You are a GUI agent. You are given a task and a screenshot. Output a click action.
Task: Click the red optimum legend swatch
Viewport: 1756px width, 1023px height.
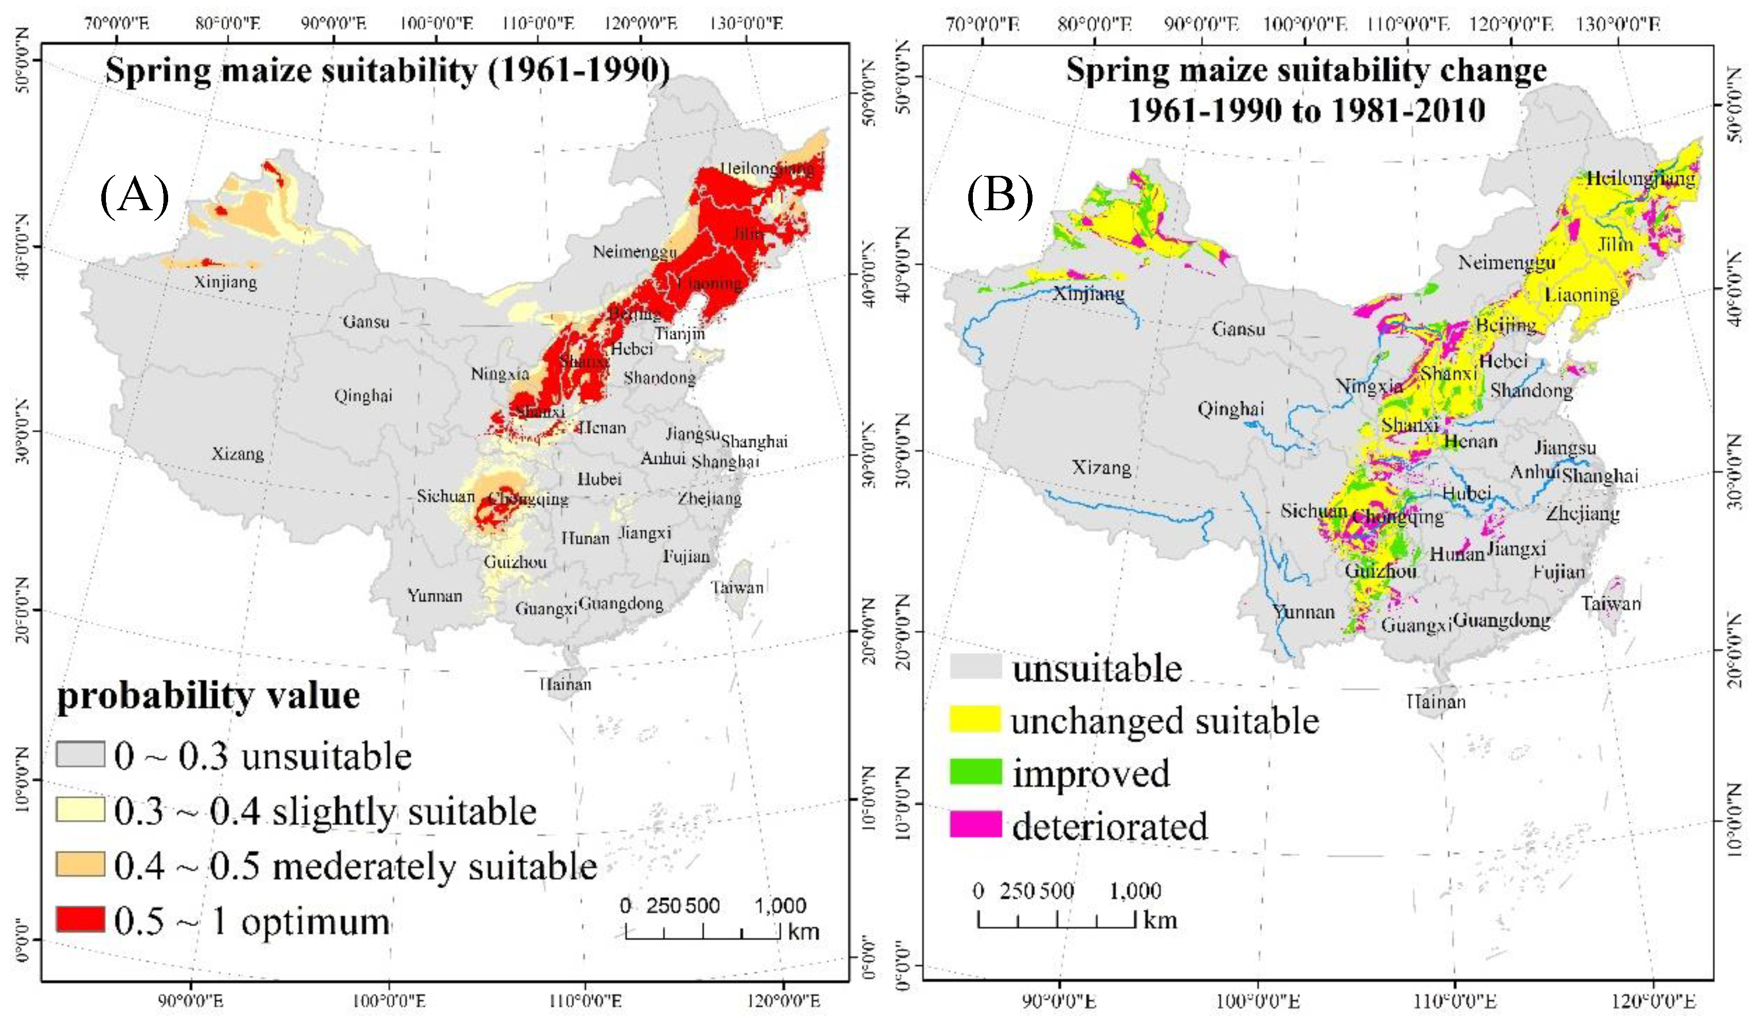pos(80,919)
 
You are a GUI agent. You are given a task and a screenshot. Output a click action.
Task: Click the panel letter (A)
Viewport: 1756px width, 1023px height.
pos(135,196)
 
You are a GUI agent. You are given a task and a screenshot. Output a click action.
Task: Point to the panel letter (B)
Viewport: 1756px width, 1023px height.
pos(999,196)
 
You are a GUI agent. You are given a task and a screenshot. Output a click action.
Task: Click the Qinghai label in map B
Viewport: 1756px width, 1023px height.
pos(1230,409)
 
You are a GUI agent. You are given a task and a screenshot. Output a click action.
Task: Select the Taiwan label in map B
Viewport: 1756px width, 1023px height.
pos(1610,604)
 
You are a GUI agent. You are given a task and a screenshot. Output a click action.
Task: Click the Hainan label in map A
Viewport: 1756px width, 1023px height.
pos(566,684)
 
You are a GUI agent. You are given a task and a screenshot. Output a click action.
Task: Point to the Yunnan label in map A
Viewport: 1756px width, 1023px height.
pos(435,596)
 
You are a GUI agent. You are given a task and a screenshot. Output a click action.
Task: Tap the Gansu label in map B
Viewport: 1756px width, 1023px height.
pos(1238,329)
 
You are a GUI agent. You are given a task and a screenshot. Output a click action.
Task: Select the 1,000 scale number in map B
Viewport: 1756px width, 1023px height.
pos(1135,890)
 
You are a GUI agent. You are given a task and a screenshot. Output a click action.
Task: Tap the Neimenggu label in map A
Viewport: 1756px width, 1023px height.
pos(634,251)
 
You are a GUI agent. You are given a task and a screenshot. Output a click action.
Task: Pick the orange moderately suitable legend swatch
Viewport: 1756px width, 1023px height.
pos(80,864)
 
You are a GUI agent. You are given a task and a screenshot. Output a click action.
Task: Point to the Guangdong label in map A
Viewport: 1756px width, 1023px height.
pos(621,604)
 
